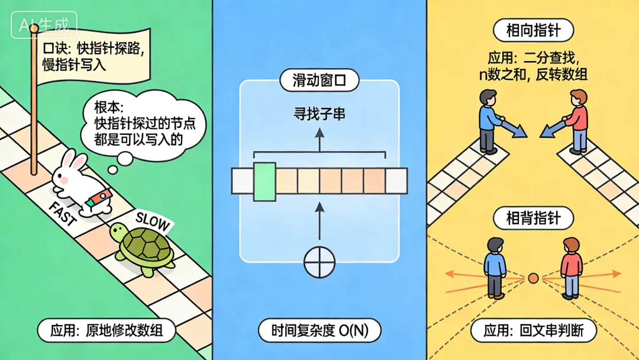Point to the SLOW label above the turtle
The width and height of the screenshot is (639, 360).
point(153,223)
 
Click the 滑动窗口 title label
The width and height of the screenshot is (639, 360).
point(319,81)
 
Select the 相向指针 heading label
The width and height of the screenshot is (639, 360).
point(532,30)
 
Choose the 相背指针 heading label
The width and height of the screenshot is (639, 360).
point(533,218)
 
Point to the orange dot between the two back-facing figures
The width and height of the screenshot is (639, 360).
point(533,277)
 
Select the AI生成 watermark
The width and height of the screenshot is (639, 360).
point(44,25)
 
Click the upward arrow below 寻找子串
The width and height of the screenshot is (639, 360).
point(319,140)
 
